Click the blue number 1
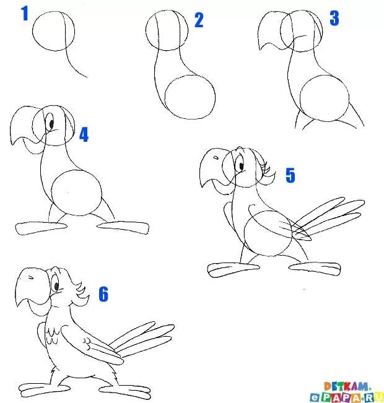pyautogui.click(x=25, y=14)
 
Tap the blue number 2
pyautogui.click(x=199, y=20)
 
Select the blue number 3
pyautogui.click(x=334, y=18)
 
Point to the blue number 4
pyautogui.click(x=84, y=134)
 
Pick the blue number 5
pyautogui.click(x=290, y=175)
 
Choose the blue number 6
pyautogui.click(x=103, y=294)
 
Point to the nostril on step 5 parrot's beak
pyautogui.click(x=216, y=158)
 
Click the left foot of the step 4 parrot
pyautogui.click(x=41, y=228)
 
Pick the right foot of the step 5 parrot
pyautogui.click(x=315, y=268)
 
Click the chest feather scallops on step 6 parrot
pyautogui.click(x=52, y=336)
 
